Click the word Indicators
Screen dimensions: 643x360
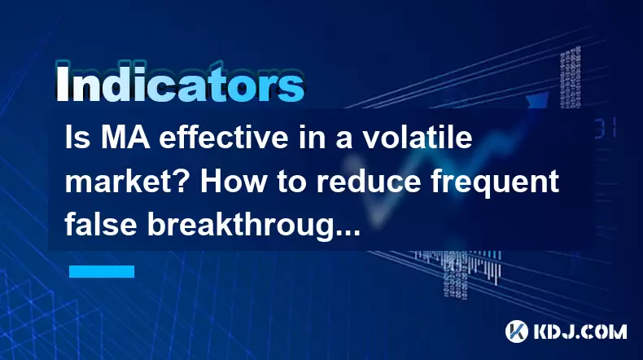click(x=180, y=82)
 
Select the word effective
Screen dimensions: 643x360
click(x=224, y=138)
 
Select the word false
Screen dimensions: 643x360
click(x=101, y=225)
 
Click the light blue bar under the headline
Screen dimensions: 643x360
click(x=102, y=271)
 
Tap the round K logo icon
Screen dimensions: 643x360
click(x=516, y=331)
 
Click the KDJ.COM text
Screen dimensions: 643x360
click(x=580, y=331)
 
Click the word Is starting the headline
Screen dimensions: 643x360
click(x=77, y=138)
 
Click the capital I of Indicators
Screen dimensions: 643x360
click(x=62, y=83)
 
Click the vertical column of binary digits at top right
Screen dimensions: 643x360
click(x=570, y=77)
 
